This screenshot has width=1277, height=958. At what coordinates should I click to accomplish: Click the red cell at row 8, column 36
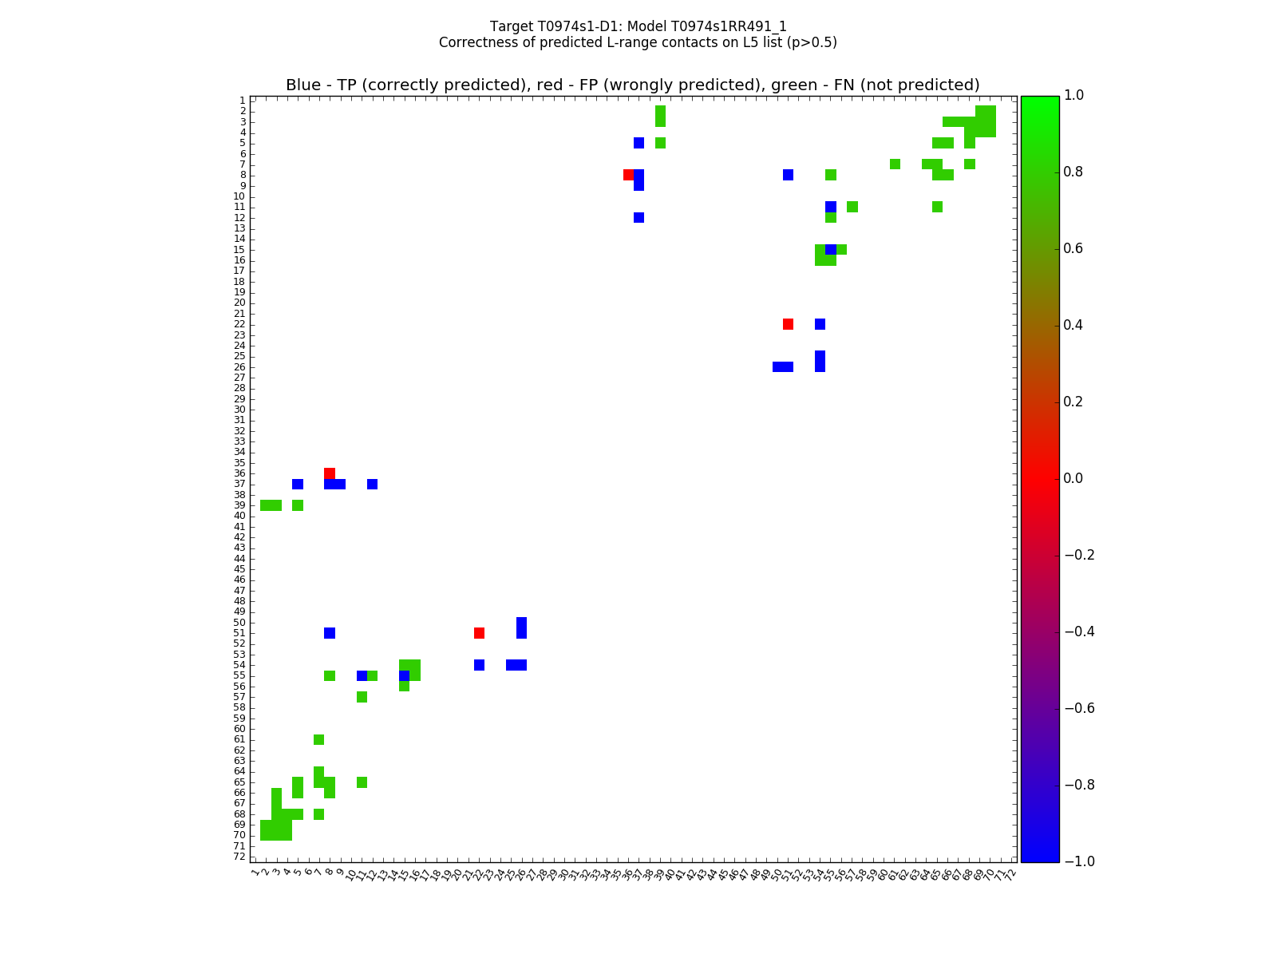(628, 175)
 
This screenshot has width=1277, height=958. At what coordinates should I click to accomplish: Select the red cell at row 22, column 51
(788, 324)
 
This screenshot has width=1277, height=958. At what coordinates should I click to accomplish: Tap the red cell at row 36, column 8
(330, 473)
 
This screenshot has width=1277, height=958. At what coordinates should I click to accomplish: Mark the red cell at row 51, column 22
(479, 633)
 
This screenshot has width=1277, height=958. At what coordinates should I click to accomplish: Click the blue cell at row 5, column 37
(638, 143)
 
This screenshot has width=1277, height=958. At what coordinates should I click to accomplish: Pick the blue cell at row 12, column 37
(638, 217)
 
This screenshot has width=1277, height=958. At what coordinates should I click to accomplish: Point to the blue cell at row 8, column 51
(788, 175)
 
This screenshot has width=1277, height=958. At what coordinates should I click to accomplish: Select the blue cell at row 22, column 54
(820, 324)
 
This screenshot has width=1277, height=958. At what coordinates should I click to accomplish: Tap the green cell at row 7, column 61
(895, 164)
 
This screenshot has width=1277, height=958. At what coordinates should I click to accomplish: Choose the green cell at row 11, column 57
(852, 207)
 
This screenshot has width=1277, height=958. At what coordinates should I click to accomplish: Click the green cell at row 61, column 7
(319, 739)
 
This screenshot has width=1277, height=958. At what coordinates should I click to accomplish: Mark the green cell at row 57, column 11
(362, 697)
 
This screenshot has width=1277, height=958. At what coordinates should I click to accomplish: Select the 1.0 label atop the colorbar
(1074, 95)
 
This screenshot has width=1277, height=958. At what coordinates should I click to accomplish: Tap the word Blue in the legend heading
(303, 85)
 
